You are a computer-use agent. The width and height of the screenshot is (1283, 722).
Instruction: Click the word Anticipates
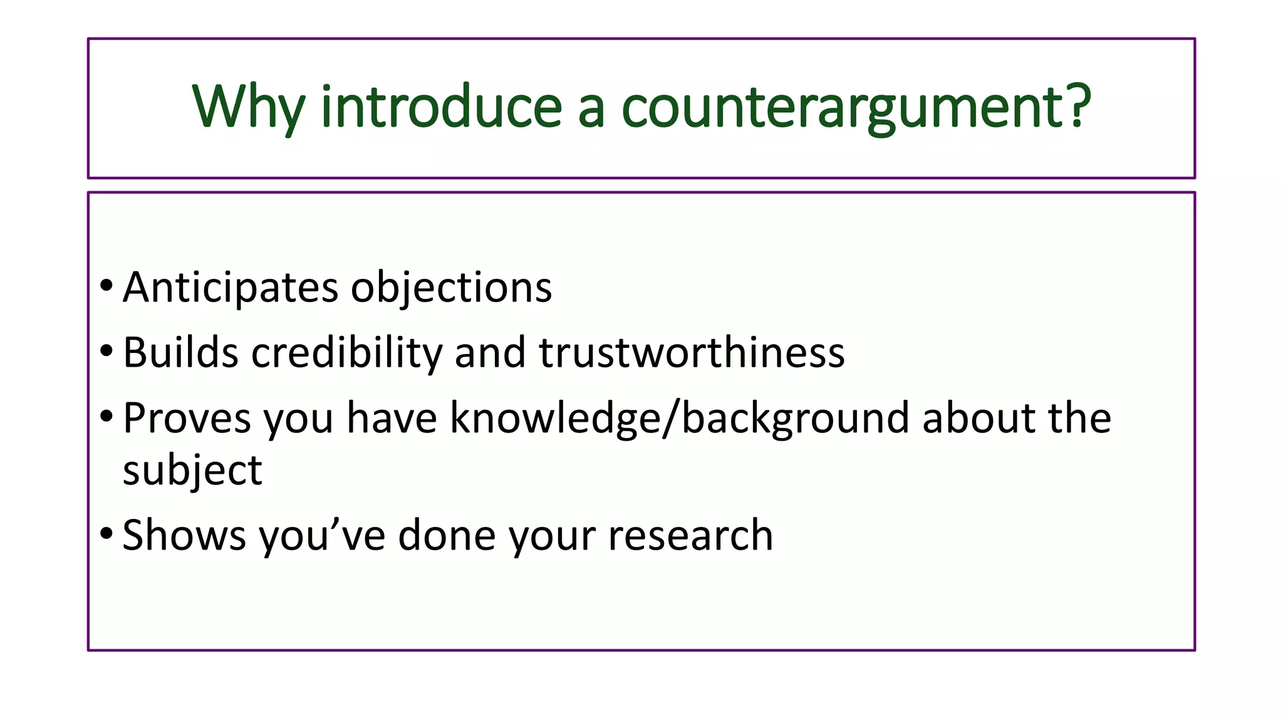[231, 288]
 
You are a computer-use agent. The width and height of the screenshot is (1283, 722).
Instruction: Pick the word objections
[451, 288]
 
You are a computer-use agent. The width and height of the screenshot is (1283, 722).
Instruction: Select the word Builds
[180, 352]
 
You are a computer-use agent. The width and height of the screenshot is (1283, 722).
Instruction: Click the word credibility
[346, 352]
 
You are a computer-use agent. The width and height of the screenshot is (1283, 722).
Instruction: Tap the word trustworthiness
[692, 352]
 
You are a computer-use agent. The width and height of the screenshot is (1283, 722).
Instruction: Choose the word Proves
[187, 418]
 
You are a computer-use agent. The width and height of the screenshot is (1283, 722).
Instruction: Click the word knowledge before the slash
[554, 418]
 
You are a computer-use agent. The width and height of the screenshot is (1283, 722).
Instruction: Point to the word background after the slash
[795, 418]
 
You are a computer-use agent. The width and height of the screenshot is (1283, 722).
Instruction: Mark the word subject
[192, 471]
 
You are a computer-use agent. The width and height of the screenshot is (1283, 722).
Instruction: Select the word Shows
[184, 535]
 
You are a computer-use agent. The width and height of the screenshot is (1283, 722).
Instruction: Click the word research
[690, 535]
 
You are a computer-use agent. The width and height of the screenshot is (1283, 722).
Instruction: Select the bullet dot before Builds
[106, 351]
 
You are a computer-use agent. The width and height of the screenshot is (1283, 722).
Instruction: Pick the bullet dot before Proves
[106, 416]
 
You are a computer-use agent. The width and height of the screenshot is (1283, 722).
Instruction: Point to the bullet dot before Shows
[106, 534]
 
